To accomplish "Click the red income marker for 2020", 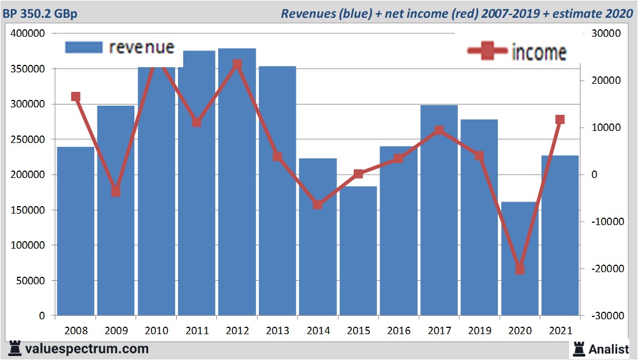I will pyautogui.click(x=520, y=269).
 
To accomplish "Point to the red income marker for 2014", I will pyautogui.click(x=318, y=204).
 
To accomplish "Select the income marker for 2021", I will pyautogui.click(x=560, y=119).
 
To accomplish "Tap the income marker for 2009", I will pyautogui.click(x=116, y=191).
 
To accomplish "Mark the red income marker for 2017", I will pyautogui.click(x=439, y=130).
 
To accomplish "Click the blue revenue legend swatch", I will pyautogui.click(x=84, y=47).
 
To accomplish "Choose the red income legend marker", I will pyautogui.click(x=488, y=52).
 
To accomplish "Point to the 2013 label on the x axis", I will pyautogui.click(x=278, y=331).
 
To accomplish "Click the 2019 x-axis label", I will pyautogui.click(x=480, y=331).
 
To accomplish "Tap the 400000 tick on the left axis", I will pyautogui.click(x=28, y=34).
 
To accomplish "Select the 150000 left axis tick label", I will pyautogui.click(x=28, y=210).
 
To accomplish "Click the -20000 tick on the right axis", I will pyautogui.click(x=602, y=269).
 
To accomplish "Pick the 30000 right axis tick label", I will pyautogui.click(x=604, y=34).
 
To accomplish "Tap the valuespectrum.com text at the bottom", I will pyautogui.click(x=86, y=349).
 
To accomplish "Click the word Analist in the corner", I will pyautogui.click(x=609, y=349).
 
